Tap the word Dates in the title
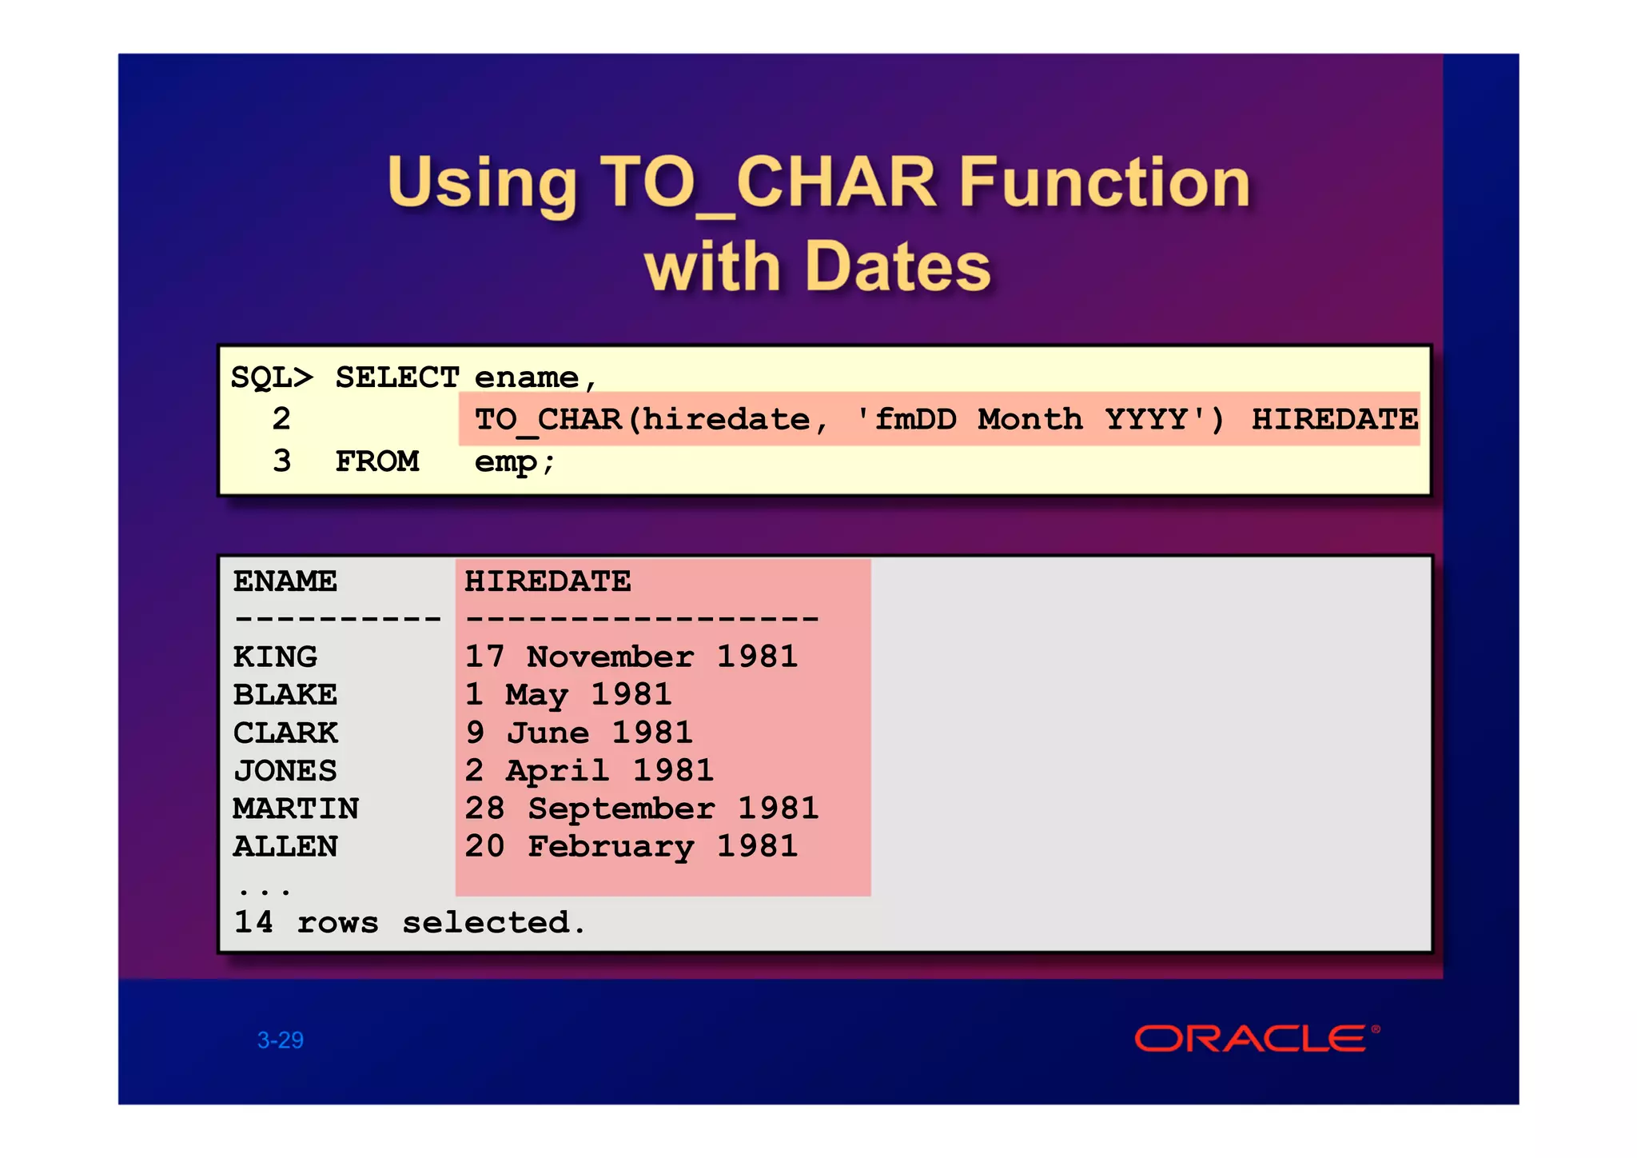click(x=898, y=266)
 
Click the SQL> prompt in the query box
click(x=272, y=377)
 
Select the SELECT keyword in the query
click(x=396, y=377)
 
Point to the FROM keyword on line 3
click(x=376, y=461)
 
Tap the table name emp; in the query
click(x=514, y=461)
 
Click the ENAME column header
click(x=285, y=581)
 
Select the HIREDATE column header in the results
click(x=548, y=581)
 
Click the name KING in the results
click(x=275, y=657)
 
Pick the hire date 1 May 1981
click(x=568, y=694)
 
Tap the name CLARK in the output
click(x=285, y=733)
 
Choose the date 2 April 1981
click(x=589, y=770)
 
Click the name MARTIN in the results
click(x=296, y=809)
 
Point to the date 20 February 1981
click(x=631, y=846)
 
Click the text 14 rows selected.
click(x=409, y=922)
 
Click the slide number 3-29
click(x=280, y=1040)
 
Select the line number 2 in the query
click(x=281, y=419)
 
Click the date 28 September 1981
click(x=642, y=809)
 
